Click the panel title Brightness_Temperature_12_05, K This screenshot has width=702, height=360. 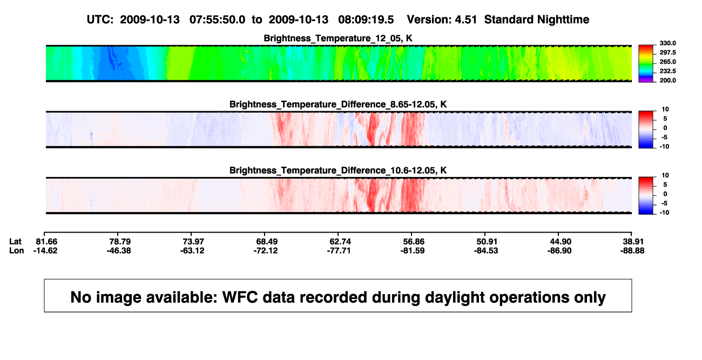tap(338, 38)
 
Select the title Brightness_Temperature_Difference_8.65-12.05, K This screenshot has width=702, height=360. tap(338, 104)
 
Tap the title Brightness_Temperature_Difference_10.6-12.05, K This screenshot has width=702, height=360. tap(338, 171)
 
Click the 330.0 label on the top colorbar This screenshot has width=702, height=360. tap(667, 43)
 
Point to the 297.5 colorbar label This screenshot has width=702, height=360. tap(667, 53)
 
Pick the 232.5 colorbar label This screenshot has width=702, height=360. tap(667, 71)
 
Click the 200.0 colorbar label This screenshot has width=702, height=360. tap(667, 80)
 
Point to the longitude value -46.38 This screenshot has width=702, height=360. tap(119, 251)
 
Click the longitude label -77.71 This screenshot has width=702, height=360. tap(339, 251)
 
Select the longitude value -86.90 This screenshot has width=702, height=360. tap(559, 251)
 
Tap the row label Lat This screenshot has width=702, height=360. tap(15, 242)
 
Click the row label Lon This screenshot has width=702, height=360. tap(17, 251)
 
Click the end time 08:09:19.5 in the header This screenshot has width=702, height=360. tap(366, 20)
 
